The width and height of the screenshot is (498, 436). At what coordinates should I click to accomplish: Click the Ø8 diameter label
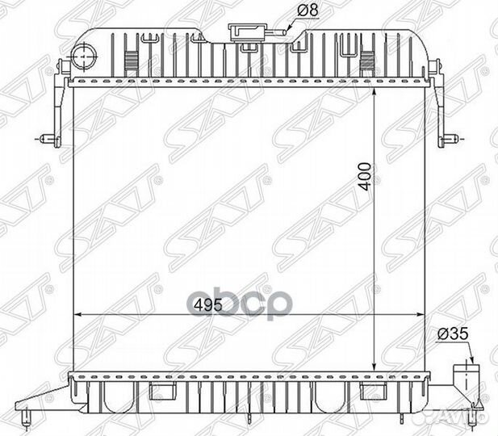[x=308, y=10]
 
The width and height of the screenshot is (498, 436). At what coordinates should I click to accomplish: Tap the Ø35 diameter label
[x=453, y=333]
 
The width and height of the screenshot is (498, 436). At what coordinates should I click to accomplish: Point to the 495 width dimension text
[x=208, y=305]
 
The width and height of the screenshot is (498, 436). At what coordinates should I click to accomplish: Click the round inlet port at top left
[x=83, y=57]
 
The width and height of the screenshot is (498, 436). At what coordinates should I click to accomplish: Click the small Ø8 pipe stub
[x=279, y=31]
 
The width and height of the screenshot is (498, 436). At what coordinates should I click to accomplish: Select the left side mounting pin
[x=46, y=139]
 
